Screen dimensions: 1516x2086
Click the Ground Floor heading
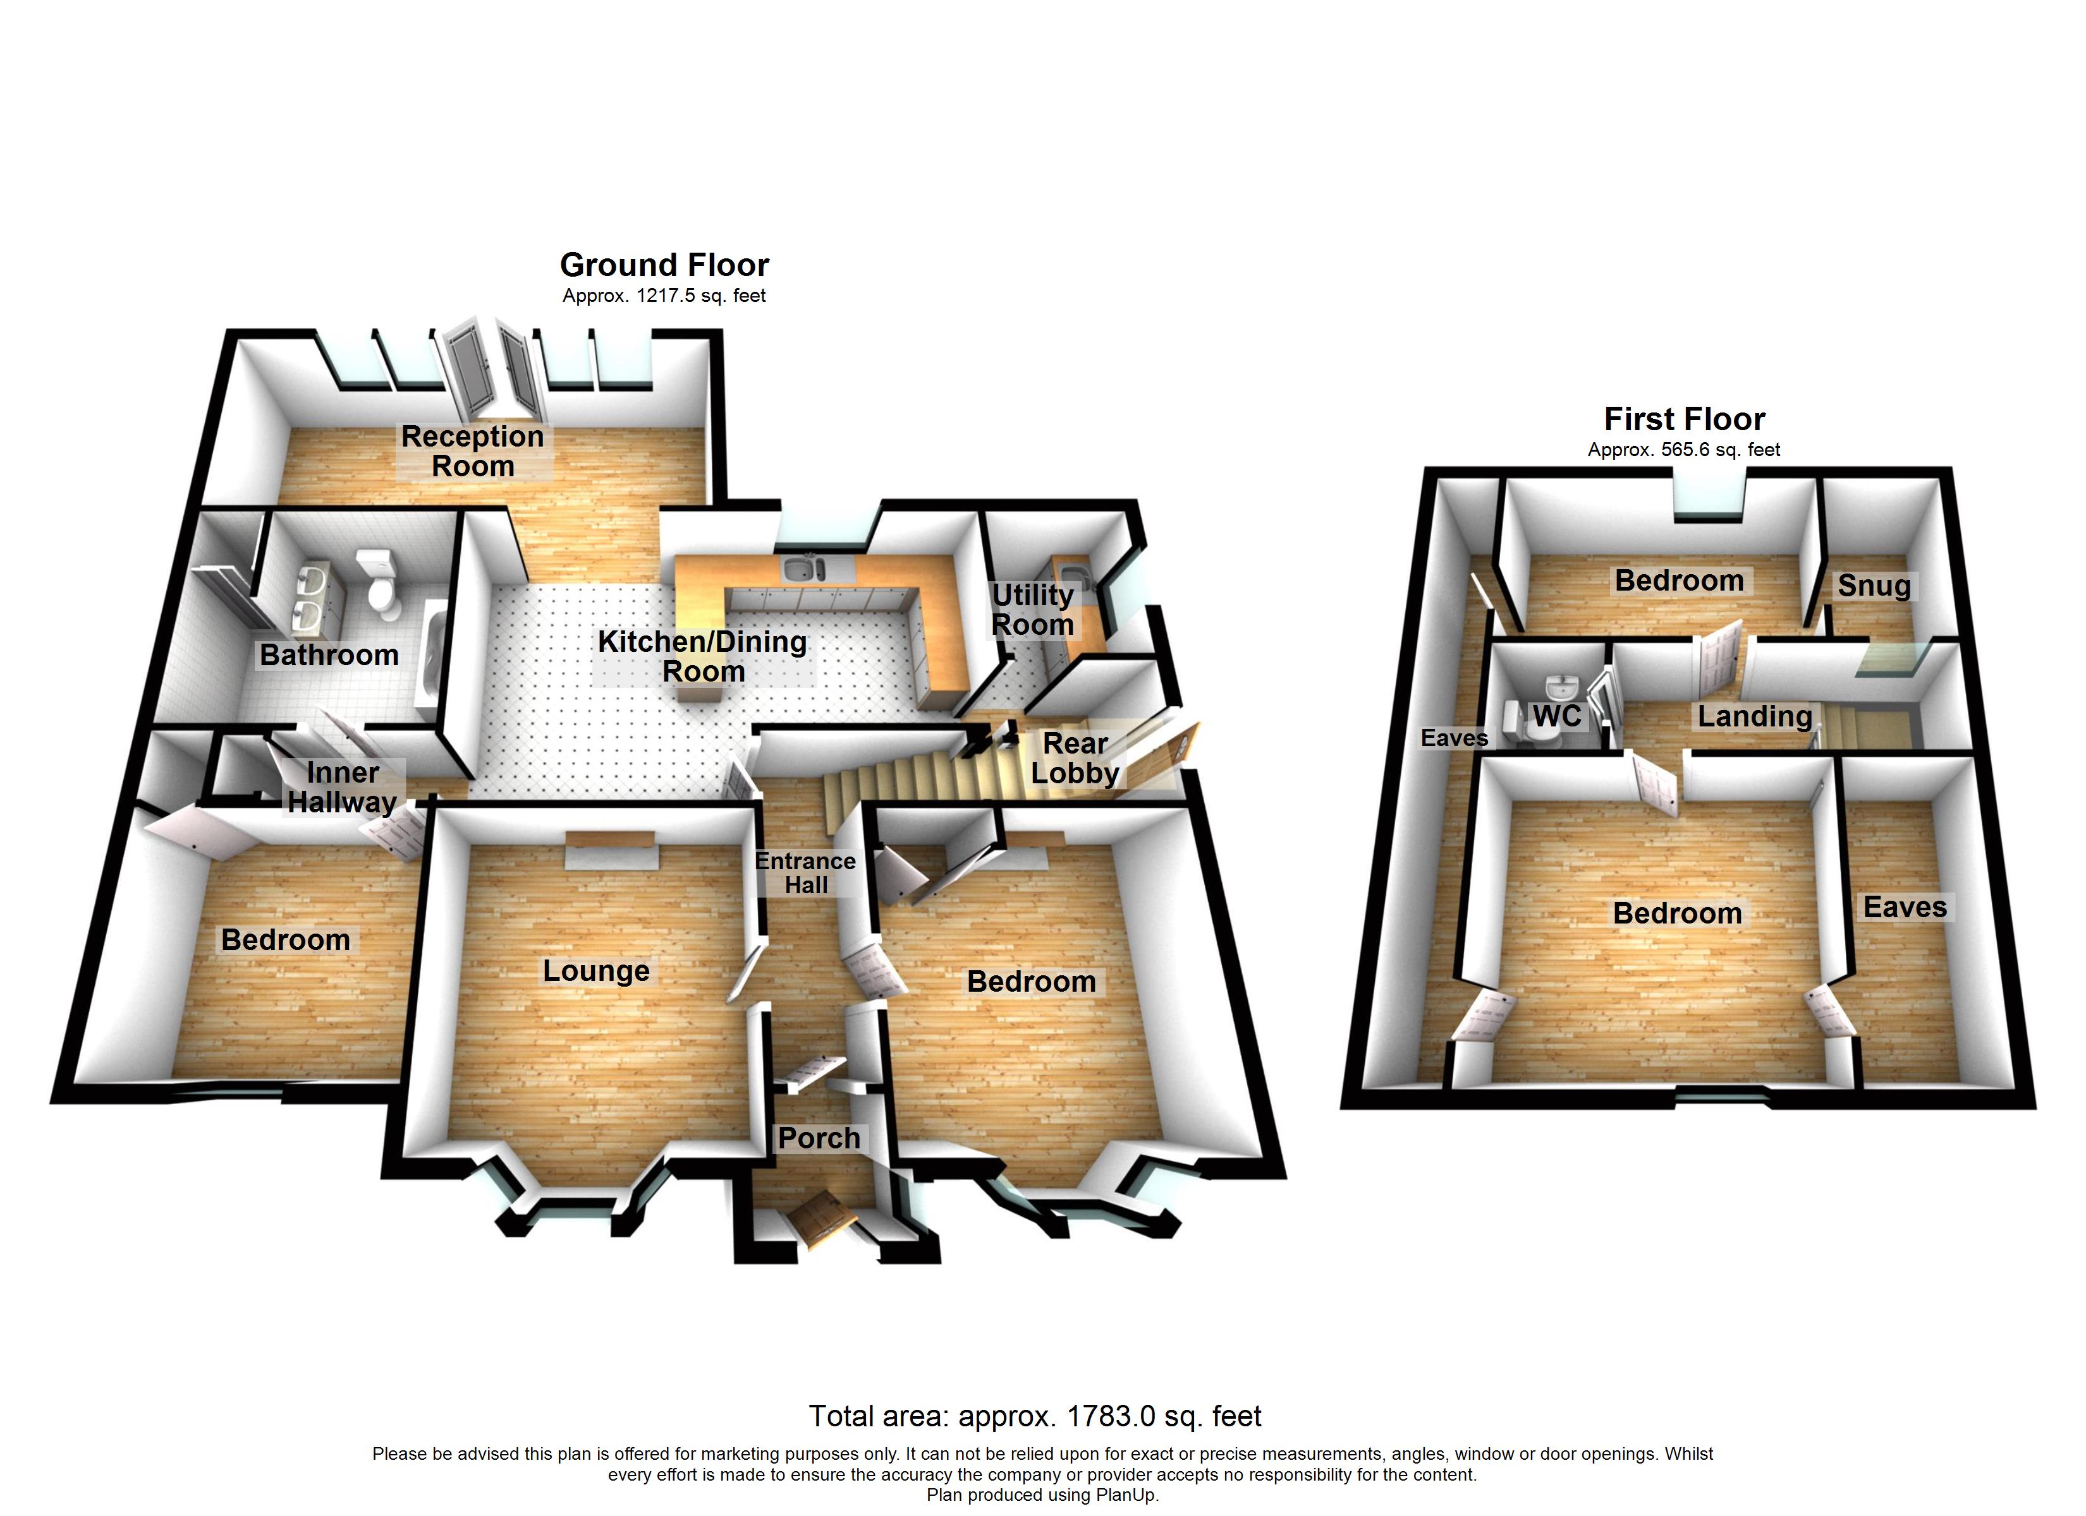pyautogui.click(x=664, y=265)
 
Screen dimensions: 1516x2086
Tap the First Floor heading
pyautogui.click(x=1684, y=419)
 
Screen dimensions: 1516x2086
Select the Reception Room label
pyautogui.click(x=473, y=450)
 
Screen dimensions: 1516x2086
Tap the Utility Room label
pyautogui.click(x=1032, y=610)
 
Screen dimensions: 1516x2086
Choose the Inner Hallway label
pyautogui.click(x=342, y=787)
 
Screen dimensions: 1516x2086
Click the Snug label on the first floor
pyautogui.click(x=1874, y=586)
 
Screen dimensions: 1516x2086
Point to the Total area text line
pyautogui.click(x=1035, y=1416)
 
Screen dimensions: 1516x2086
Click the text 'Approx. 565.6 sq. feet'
pyautogui.click(x=1683, y=450)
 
